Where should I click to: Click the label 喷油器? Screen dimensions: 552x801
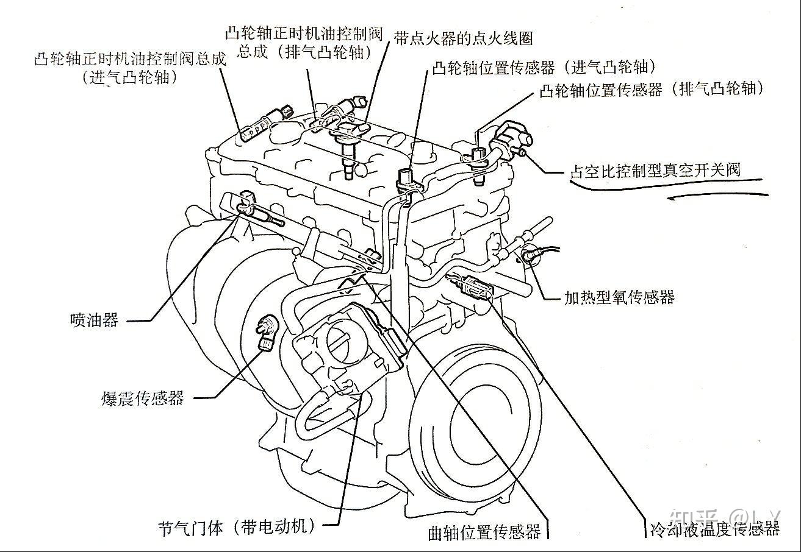click(x=94, y=320)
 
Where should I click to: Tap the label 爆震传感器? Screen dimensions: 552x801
click(x=142, y=398)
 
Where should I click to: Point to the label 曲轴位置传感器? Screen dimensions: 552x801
click(x=484, y=532)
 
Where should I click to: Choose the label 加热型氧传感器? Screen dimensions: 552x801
click(x=619, y=297)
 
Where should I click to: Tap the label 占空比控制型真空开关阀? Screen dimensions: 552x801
click(x=655, y=169)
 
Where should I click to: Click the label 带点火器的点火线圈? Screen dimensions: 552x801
click(x=464, y=38)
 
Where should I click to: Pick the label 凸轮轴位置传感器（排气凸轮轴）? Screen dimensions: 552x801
click(x=652, y=90)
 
